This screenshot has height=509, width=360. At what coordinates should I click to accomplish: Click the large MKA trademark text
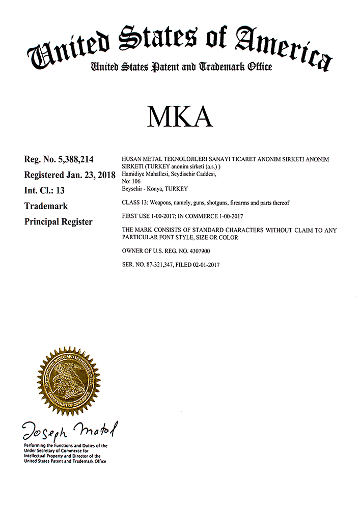(180, 117)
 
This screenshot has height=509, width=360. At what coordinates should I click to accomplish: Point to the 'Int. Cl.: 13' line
(45, 191)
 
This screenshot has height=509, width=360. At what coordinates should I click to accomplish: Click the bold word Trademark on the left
(46, 206)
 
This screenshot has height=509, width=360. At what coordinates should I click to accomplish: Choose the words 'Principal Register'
(59, 222)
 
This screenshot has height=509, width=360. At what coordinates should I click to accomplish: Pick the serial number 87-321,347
(162, 265)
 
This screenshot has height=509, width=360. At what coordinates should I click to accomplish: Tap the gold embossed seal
(69, 382)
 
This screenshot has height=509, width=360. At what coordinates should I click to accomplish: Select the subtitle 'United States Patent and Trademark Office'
(181, 67)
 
